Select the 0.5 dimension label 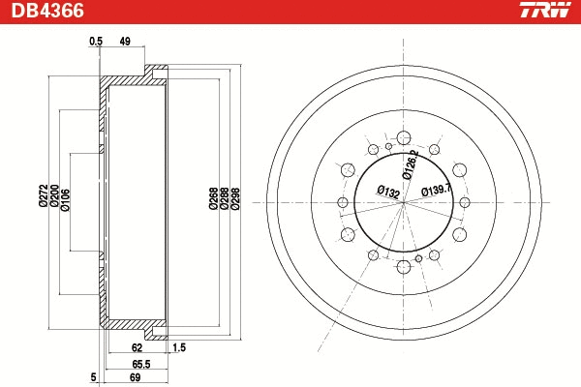[x=95, y=41]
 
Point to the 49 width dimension [x=125, y=41]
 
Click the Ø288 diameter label [x=224, y=198]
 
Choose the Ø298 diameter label [x=234, y=198]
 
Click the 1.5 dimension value [x=178, y=345]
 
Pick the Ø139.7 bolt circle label [x=437, y=190]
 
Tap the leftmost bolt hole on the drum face [x=341, y=201]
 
